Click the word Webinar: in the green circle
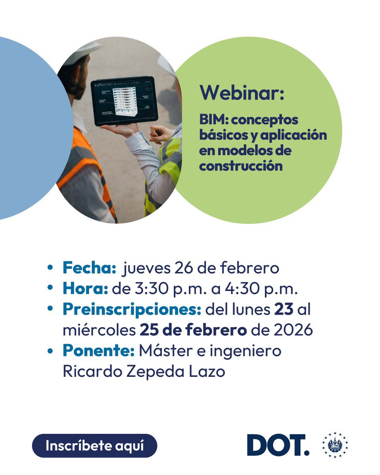tap(242, 93)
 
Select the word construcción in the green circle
tap(241, 165)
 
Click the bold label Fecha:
tap(89, 268)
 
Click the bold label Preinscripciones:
tap(131, 310)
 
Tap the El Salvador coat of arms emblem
tap(335, 445)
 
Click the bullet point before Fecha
tap(50, 268)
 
